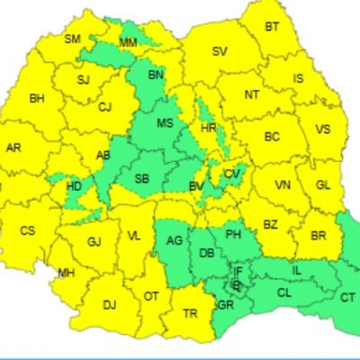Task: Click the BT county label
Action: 271,27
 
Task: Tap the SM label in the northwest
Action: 73,39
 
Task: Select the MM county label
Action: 128,43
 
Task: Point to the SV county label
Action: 220,51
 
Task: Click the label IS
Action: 299,78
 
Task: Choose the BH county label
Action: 37,98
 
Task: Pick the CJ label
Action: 105,107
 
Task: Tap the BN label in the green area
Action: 156,74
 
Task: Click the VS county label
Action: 323,130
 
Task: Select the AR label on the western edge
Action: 14,148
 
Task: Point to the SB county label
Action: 143,179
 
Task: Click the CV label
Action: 231,174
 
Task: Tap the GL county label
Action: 324,185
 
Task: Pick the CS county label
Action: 27,230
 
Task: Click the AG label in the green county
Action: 174,240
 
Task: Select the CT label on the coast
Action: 348,297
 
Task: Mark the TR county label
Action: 191,314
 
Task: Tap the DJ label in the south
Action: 109,305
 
